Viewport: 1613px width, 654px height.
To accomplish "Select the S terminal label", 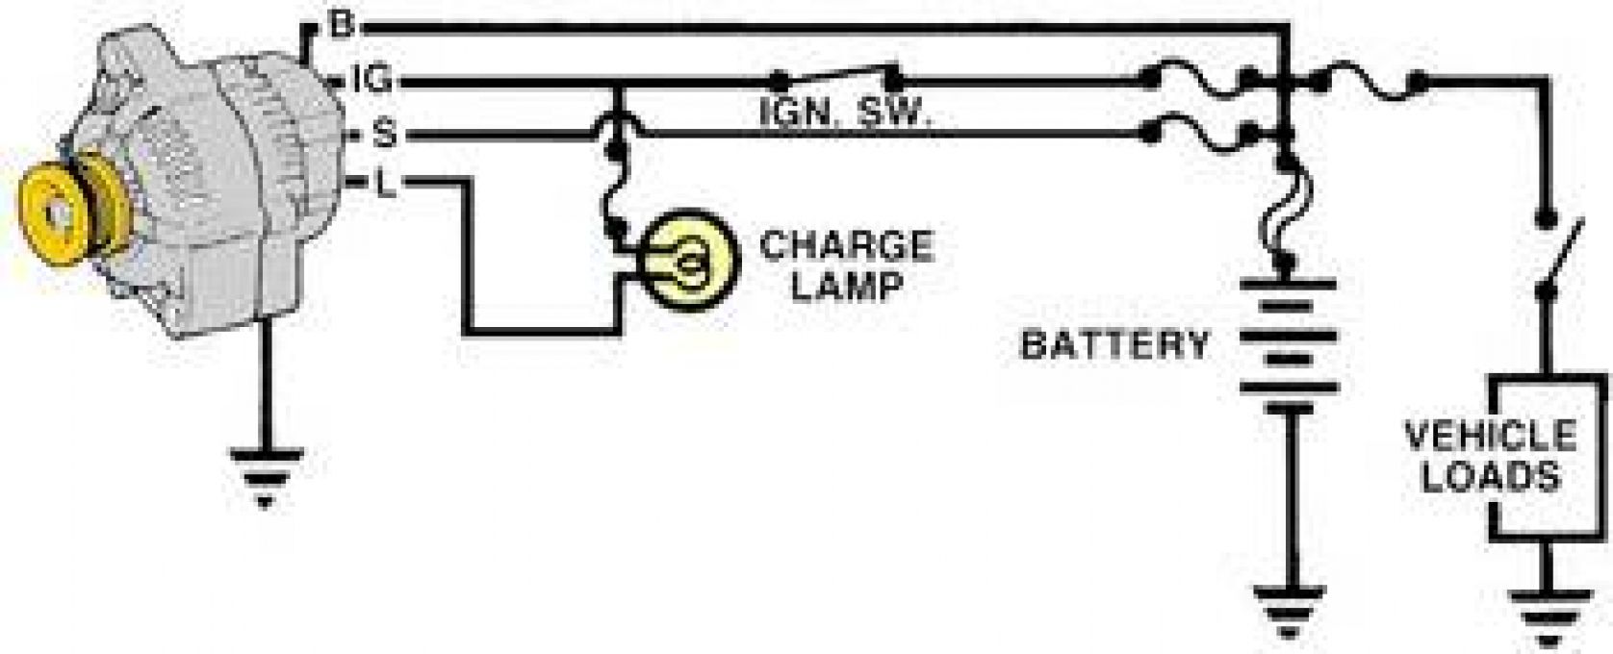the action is (x=385, y=134).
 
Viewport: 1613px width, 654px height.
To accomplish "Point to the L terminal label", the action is (x=386, y=185).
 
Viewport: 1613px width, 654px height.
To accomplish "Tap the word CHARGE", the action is (x=847, y=246).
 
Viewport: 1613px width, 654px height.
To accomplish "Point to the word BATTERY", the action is (x=1115, y=345).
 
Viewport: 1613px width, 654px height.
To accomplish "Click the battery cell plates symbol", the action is (x=1289, y=345).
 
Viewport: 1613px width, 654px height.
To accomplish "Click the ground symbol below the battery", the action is (x=1289, y=612).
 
